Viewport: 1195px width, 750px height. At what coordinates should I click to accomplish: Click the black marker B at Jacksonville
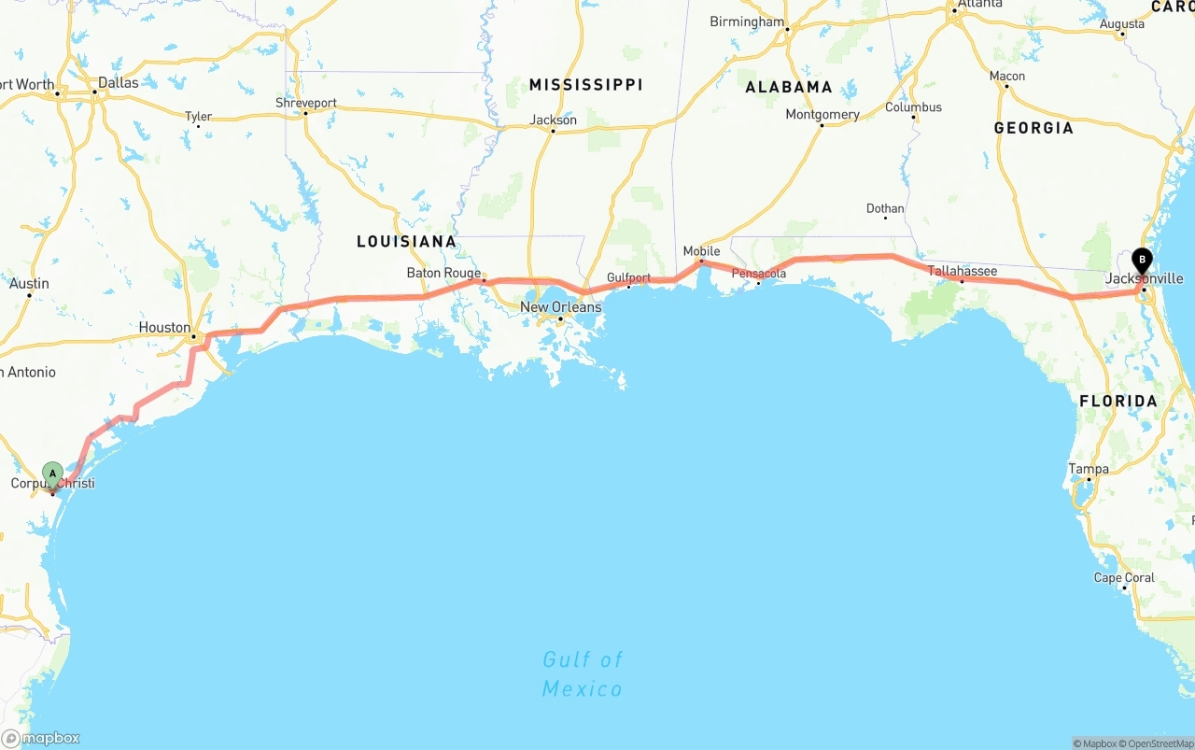click(x=1141, y=261)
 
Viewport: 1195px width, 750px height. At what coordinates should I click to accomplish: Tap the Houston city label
click(x=164, y=328)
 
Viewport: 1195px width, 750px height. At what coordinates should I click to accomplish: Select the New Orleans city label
click(x=560, y=307)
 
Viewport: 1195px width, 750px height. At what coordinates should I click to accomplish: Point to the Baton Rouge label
click(x=443, y=274)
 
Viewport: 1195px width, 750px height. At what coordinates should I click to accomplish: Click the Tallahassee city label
click(x=962, y=271)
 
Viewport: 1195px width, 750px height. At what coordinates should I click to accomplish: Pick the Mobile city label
click(x=701, y=251)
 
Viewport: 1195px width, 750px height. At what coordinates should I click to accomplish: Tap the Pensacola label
click(x=758, y=274)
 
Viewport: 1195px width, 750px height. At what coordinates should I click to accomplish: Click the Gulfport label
click(x=628, y=277)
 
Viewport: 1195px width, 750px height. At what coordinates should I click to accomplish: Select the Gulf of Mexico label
click(x=583, y=674)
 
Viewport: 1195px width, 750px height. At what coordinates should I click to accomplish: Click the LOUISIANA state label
click(x=406, y=242)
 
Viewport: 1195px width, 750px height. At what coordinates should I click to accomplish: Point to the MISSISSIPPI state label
click(x=585, y=85)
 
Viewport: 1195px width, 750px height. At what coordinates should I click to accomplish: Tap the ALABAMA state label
click(x=788, y=87)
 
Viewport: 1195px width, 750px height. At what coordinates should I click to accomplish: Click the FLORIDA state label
click(x=1118, y=402)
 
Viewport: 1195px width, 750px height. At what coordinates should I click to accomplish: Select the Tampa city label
click(x=1089, y=469)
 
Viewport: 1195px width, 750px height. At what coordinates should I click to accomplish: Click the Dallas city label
click(x=118, y=82)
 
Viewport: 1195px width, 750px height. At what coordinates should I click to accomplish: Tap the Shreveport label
click(x=305, y=103)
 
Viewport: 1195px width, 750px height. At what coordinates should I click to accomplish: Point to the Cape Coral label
click(x=1124, y=577)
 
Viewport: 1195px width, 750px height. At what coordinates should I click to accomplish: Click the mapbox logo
click(x=41, y=738)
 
